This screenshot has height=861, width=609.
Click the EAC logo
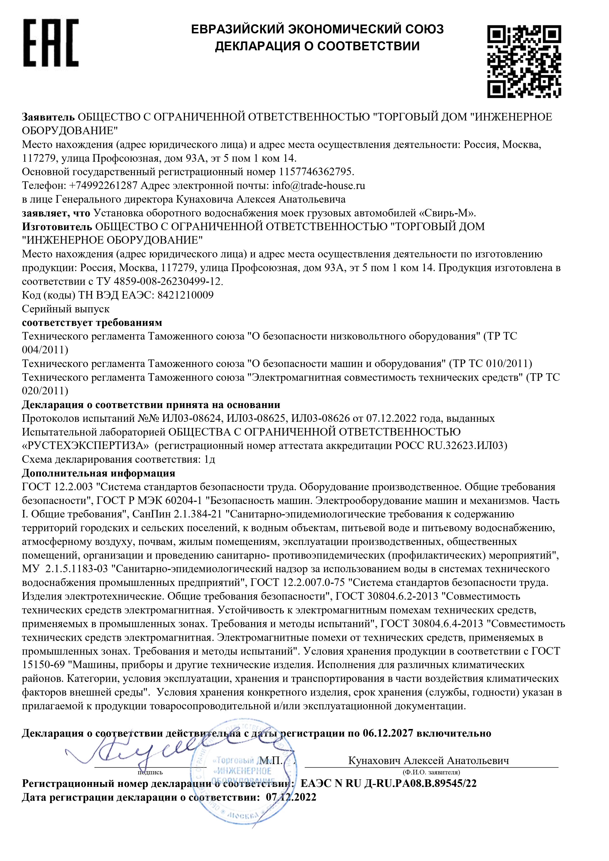51,43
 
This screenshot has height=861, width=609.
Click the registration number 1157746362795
316,172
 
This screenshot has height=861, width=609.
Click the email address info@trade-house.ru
319,186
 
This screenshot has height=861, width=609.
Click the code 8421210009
185,295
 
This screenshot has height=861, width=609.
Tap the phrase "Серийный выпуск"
66,309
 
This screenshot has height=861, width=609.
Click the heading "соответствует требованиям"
92,322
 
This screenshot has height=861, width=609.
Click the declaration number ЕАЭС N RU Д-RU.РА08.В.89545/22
389,783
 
